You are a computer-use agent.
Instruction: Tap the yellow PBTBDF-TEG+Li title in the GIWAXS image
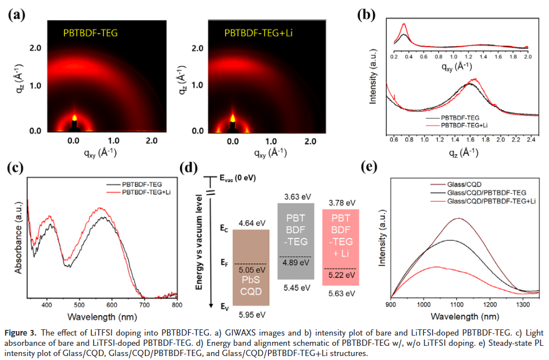click(x=258, y=32)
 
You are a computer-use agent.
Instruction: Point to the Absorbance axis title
click(x=19, y=234)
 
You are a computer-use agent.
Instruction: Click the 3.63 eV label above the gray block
click(x=299, y=196)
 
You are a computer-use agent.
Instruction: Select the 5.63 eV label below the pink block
click(x=341, y=294)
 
